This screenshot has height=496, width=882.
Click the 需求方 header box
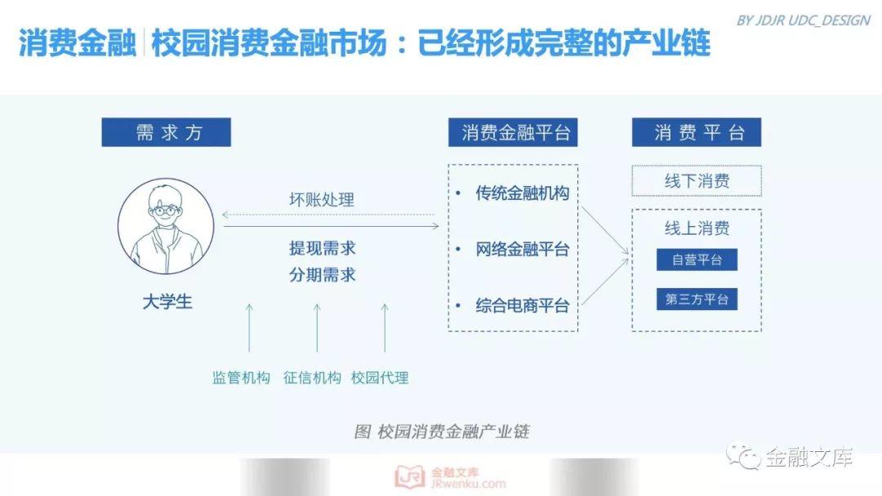166,132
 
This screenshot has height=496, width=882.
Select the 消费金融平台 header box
513,132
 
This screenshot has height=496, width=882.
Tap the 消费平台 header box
697,132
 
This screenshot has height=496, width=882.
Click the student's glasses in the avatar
165,211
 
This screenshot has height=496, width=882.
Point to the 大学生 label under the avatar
167,302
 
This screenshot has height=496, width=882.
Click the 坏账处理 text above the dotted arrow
322,199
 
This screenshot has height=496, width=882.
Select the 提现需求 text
323,248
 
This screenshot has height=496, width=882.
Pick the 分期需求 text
323,275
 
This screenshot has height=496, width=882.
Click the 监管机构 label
241,378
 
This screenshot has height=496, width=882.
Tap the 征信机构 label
312,378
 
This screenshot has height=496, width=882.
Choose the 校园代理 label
380,378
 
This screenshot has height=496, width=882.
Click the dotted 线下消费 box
697,181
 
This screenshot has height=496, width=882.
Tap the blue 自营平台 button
697,259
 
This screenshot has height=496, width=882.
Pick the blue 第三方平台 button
697,299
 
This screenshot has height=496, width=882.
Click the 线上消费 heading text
697,228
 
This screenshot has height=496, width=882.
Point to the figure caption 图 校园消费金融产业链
442,432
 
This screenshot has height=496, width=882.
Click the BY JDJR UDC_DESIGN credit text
804,20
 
